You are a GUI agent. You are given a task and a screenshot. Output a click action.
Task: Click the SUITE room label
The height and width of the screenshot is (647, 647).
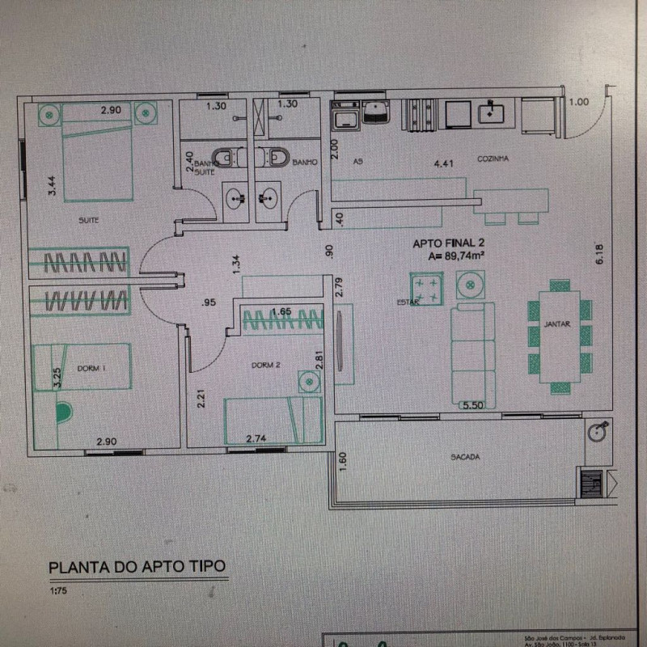(x=89, y=219)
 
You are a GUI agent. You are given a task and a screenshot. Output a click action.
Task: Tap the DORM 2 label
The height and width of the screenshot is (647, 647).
(x=265, y=365)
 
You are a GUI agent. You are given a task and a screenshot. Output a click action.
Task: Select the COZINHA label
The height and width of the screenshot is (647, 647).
(x=492, y=159)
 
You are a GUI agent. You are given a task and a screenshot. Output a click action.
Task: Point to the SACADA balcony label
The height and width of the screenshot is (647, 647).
(x=465, y=457)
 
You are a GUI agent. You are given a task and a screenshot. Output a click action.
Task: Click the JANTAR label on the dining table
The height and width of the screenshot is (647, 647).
(x=558, y=323)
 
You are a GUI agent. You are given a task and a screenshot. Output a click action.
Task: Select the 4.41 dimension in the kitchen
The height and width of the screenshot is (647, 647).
(x=443, y=163)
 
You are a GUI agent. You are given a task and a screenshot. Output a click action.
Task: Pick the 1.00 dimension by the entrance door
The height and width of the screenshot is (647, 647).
(x=578, y=102)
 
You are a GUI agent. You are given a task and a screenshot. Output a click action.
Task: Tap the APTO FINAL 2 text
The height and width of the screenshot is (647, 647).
(x=450, y=242)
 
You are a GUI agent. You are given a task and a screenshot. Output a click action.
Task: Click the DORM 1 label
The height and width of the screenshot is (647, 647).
(x=92, y=369)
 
